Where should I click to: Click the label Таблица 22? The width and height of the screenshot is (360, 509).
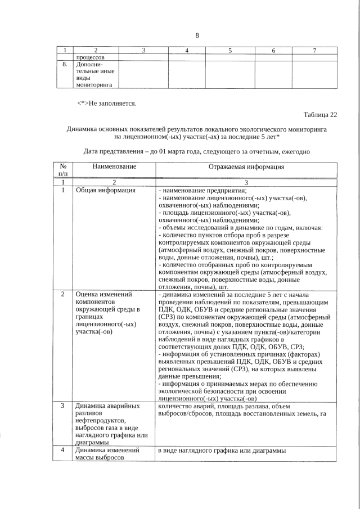coord(320,115)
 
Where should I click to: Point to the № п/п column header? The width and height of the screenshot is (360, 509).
coord(63,170)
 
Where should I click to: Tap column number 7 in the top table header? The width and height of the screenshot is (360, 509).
coord(314,51)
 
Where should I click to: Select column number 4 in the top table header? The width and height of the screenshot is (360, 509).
coord(186,51)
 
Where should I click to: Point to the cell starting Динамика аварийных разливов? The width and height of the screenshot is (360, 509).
coord(111,424)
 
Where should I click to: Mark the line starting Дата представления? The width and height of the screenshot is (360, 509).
coord(197,152)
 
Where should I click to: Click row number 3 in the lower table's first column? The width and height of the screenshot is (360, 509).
coord(63,406)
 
